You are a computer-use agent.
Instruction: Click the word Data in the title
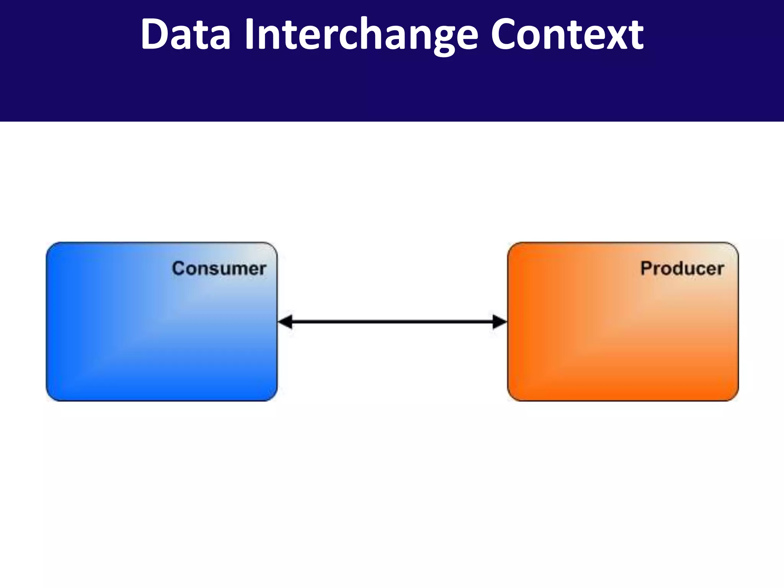tap(186, 34)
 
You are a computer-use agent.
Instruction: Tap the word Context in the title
tap(567, 34)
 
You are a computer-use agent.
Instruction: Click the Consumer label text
tap(219, 268)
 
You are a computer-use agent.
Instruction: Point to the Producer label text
tap(682, 268)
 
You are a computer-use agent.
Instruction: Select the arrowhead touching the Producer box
tap(500, 322)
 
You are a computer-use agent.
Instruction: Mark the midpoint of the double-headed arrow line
tap(392, 322)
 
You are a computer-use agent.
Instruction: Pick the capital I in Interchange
tap(250, 34)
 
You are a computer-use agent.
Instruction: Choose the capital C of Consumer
tap(178, 268)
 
